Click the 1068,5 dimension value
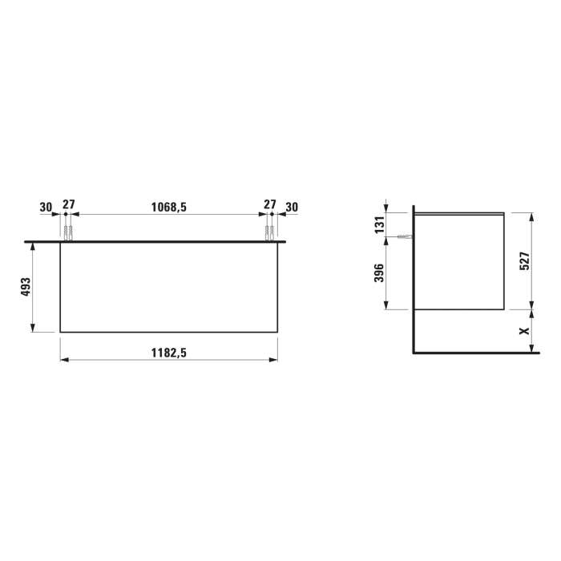pos(168,207)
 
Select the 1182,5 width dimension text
pos(168,353)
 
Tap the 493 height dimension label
pos(25,287)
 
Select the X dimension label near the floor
pos(524,329)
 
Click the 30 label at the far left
pos(46,207)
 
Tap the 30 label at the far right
pos(292,207)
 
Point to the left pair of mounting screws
pos(68,233)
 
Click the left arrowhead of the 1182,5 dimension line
pos(63,360)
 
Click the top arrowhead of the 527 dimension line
pos(531,215)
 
